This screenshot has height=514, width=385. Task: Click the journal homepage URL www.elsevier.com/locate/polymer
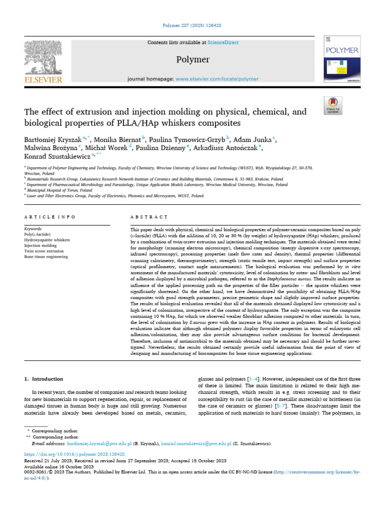point(217,79)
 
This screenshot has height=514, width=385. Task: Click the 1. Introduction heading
point(44,379)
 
